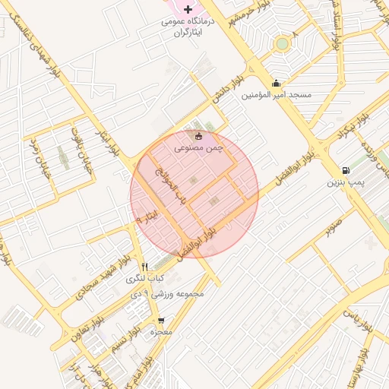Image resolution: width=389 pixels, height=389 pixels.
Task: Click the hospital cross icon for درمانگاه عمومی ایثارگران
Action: pos(188,8)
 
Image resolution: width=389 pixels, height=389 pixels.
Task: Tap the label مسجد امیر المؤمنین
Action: pos(277,95)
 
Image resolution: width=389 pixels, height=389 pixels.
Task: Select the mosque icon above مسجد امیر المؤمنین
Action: pos(275,83)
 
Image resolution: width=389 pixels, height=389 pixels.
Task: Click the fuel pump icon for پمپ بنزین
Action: pos(346,171)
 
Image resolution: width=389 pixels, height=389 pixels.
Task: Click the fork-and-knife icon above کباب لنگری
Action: pos(145,267)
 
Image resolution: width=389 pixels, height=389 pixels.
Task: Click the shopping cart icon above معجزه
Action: pos(161,321)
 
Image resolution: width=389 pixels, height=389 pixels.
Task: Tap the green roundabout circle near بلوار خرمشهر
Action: pos(283,43)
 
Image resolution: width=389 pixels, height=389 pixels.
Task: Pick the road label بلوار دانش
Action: pos(226,89)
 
